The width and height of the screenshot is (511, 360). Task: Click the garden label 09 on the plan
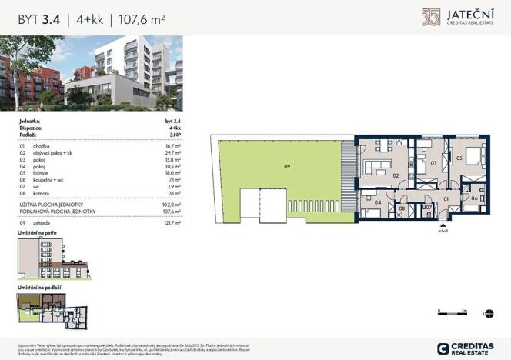(x=287, y=166)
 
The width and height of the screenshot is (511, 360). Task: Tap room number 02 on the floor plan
(x=396, y=175)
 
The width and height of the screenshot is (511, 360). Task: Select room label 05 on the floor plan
(x=459, y=158)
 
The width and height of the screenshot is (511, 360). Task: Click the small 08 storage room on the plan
(x=402, y=208)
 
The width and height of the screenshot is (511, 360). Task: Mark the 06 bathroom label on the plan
(x=475, y=198)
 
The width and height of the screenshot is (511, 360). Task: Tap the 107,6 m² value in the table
(x=173, y=211)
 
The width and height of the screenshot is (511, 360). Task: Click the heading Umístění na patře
(x=37, y=232)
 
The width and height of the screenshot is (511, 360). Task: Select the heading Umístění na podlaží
(x=39, y=287)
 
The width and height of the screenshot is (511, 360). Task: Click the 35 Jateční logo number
(x=432, y=16)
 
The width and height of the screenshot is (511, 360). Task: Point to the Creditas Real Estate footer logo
(x=465, y=348)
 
